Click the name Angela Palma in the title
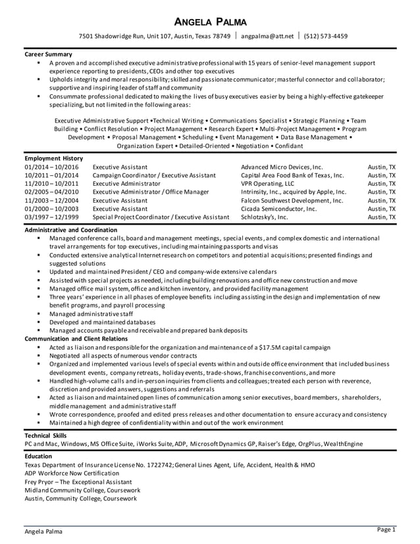pyautogui.click(x=210, y=21)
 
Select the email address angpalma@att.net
pyautogui.click(x=267, y=36)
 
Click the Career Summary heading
pyautogui.click(x=48, y=53)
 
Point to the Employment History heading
pyautogui.click(x=53, y=159)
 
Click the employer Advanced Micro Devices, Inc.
pyautogui.click(x=282, y=168)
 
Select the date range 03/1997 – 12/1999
pyautogui.click(x=51, y=216)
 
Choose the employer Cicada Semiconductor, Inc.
pyautogui.click(x=278, y=208)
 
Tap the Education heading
pyautogui.click(x=39, y=456)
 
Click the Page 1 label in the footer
pyautogui.click(x=386, y=529)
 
